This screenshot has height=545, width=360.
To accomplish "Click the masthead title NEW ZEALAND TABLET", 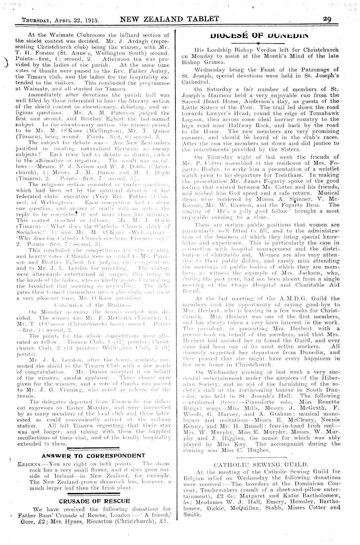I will coord(169,19).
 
